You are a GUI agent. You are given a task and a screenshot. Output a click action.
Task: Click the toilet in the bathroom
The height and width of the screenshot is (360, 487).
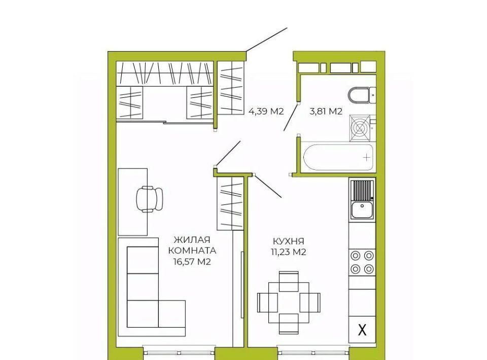click(362, 95)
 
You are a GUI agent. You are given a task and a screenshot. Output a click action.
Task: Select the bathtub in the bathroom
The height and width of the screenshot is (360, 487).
click(338, 157)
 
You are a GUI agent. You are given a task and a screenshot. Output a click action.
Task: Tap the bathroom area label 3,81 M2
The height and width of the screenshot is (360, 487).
click(326, 111)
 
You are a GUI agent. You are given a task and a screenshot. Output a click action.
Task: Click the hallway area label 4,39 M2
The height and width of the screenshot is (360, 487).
click(266, 111)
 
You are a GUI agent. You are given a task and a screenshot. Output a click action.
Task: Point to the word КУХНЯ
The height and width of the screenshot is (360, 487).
click(289, 241)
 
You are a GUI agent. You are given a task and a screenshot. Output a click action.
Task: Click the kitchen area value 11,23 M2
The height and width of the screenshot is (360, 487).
click(289, 252)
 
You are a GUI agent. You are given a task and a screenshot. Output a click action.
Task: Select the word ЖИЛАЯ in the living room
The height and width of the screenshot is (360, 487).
click(192, 240)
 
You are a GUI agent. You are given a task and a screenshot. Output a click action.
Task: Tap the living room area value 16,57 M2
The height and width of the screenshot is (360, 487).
click(192, 262)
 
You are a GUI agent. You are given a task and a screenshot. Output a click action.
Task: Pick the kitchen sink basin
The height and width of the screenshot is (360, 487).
click(362, 210)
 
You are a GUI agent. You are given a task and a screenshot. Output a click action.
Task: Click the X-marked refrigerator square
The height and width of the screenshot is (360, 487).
click(362, 330)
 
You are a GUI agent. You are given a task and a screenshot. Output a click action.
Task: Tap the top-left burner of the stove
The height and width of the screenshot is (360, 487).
click(355, 256)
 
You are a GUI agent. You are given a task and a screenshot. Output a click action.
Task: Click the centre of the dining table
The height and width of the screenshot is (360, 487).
click(289, 303)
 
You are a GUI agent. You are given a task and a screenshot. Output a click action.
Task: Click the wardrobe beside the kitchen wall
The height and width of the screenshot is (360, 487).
click(230, 204)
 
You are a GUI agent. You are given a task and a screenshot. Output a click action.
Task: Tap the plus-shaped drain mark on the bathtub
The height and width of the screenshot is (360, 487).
click(367, 158)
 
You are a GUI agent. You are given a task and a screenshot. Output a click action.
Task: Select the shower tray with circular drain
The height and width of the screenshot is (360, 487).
click(360, 128)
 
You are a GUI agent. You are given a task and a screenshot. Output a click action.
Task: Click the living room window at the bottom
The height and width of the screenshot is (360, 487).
click(179, 352)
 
